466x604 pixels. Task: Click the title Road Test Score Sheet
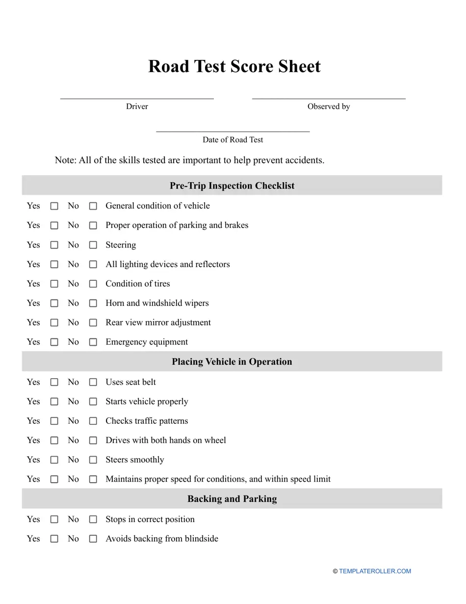(234, 67)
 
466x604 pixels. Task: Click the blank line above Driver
(137, 98)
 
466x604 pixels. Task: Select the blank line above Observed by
(329, 98)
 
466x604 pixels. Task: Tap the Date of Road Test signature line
(233, 131)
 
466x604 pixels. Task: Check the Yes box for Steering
(54, 245)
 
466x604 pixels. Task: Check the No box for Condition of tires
(93, 284)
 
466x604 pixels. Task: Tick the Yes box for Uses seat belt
(54, 382)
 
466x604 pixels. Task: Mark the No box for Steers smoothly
(93, 460)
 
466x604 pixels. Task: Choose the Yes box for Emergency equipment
(54, 342)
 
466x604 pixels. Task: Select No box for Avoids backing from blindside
(93, 539)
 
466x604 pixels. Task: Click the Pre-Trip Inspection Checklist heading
(232, 186)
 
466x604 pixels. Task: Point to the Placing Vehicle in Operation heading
(232, 362)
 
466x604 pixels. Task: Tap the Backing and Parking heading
(232, 499)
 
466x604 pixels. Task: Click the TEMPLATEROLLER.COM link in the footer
(375, 571)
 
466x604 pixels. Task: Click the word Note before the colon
(64, 160)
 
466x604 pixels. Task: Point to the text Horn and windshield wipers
(157, 303)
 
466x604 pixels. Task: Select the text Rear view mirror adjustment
(158, 323)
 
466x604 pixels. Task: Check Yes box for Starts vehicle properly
(54, 402)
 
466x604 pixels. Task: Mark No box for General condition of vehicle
(93, 206)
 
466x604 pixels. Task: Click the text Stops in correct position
(150, 520)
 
